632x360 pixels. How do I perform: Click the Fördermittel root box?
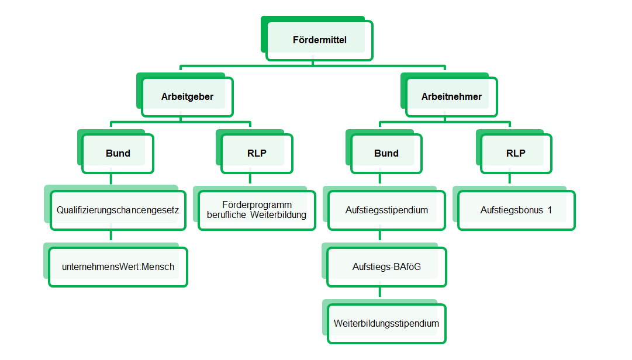click(320, 40)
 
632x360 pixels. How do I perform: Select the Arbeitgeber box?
click(188, 96)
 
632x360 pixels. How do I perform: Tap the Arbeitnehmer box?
click(451, 96)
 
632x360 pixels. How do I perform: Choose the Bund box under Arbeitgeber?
click(118, 154)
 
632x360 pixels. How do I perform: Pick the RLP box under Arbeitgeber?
click(257, 154)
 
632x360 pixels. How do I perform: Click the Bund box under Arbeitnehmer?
click(386, 154)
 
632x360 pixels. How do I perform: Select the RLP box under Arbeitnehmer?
click(516, 154)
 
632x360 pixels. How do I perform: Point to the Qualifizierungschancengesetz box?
click(118, 210)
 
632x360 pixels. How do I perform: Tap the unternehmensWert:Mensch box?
click(118, 267)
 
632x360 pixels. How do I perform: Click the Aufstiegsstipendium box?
click(386, 210)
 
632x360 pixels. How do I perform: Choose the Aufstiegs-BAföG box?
click(386, 267)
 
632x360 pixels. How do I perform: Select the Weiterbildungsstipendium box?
click(386, 324)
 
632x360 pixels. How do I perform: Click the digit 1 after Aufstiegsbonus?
click(550, 210)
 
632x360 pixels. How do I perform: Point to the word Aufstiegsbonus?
click(512, 210)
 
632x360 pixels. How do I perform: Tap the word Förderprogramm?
click(257, 205)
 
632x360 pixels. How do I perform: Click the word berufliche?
click(226, 214)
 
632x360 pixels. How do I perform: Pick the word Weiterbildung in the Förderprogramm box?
click(278, 214)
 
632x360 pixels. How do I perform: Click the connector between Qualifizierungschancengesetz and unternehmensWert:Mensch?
click(111, 235)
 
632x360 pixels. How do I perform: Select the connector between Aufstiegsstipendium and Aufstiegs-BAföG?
click(379, 235)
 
